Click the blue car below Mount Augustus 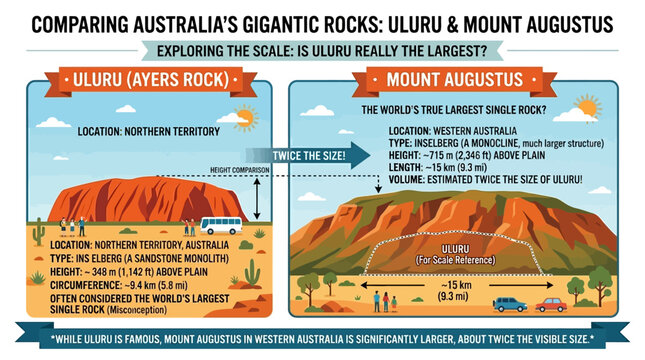(510, 303)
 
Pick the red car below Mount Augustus (551, 304)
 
